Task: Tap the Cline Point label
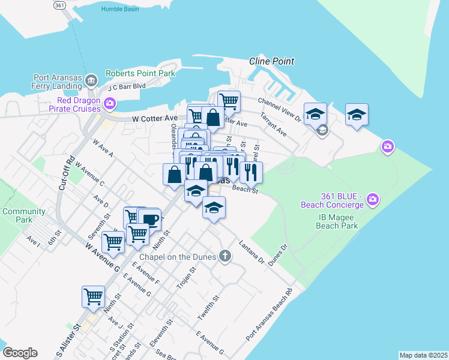tap(272, 61)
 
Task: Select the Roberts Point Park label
tap(140, 73)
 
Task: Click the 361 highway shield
tap(59, 5)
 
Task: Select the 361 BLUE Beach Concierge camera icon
tap(373, 198)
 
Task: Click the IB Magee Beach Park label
tap(338, 221)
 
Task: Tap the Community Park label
tap(23, 215)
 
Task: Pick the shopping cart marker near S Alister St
tap(93, 296)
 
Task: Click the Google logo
tap(20, 353)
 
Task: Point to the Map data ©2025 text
tap(423, 355)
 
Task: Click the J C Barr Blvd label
tap(127, 86)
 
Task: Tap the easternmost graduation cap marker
tap(357, 114)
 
